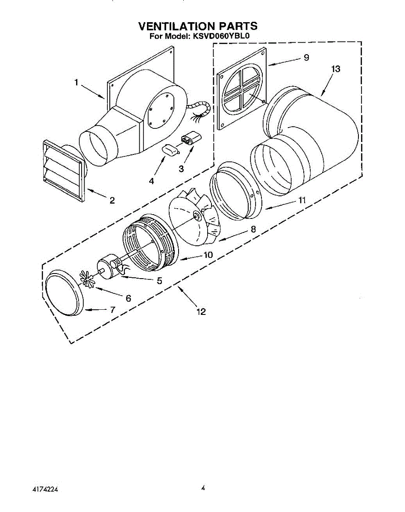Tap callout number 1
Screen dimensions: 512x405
tap(77, 83)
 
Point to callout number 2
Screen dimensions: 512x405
tap(112, 201)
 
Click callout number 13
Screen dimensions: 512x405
tap(336, 69)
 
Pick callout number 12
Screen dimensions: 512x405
tap(201, 312)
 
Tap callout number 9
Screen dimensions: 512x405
tap(306, 58)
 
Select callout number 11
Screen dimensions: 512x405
tap(302, 200)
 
